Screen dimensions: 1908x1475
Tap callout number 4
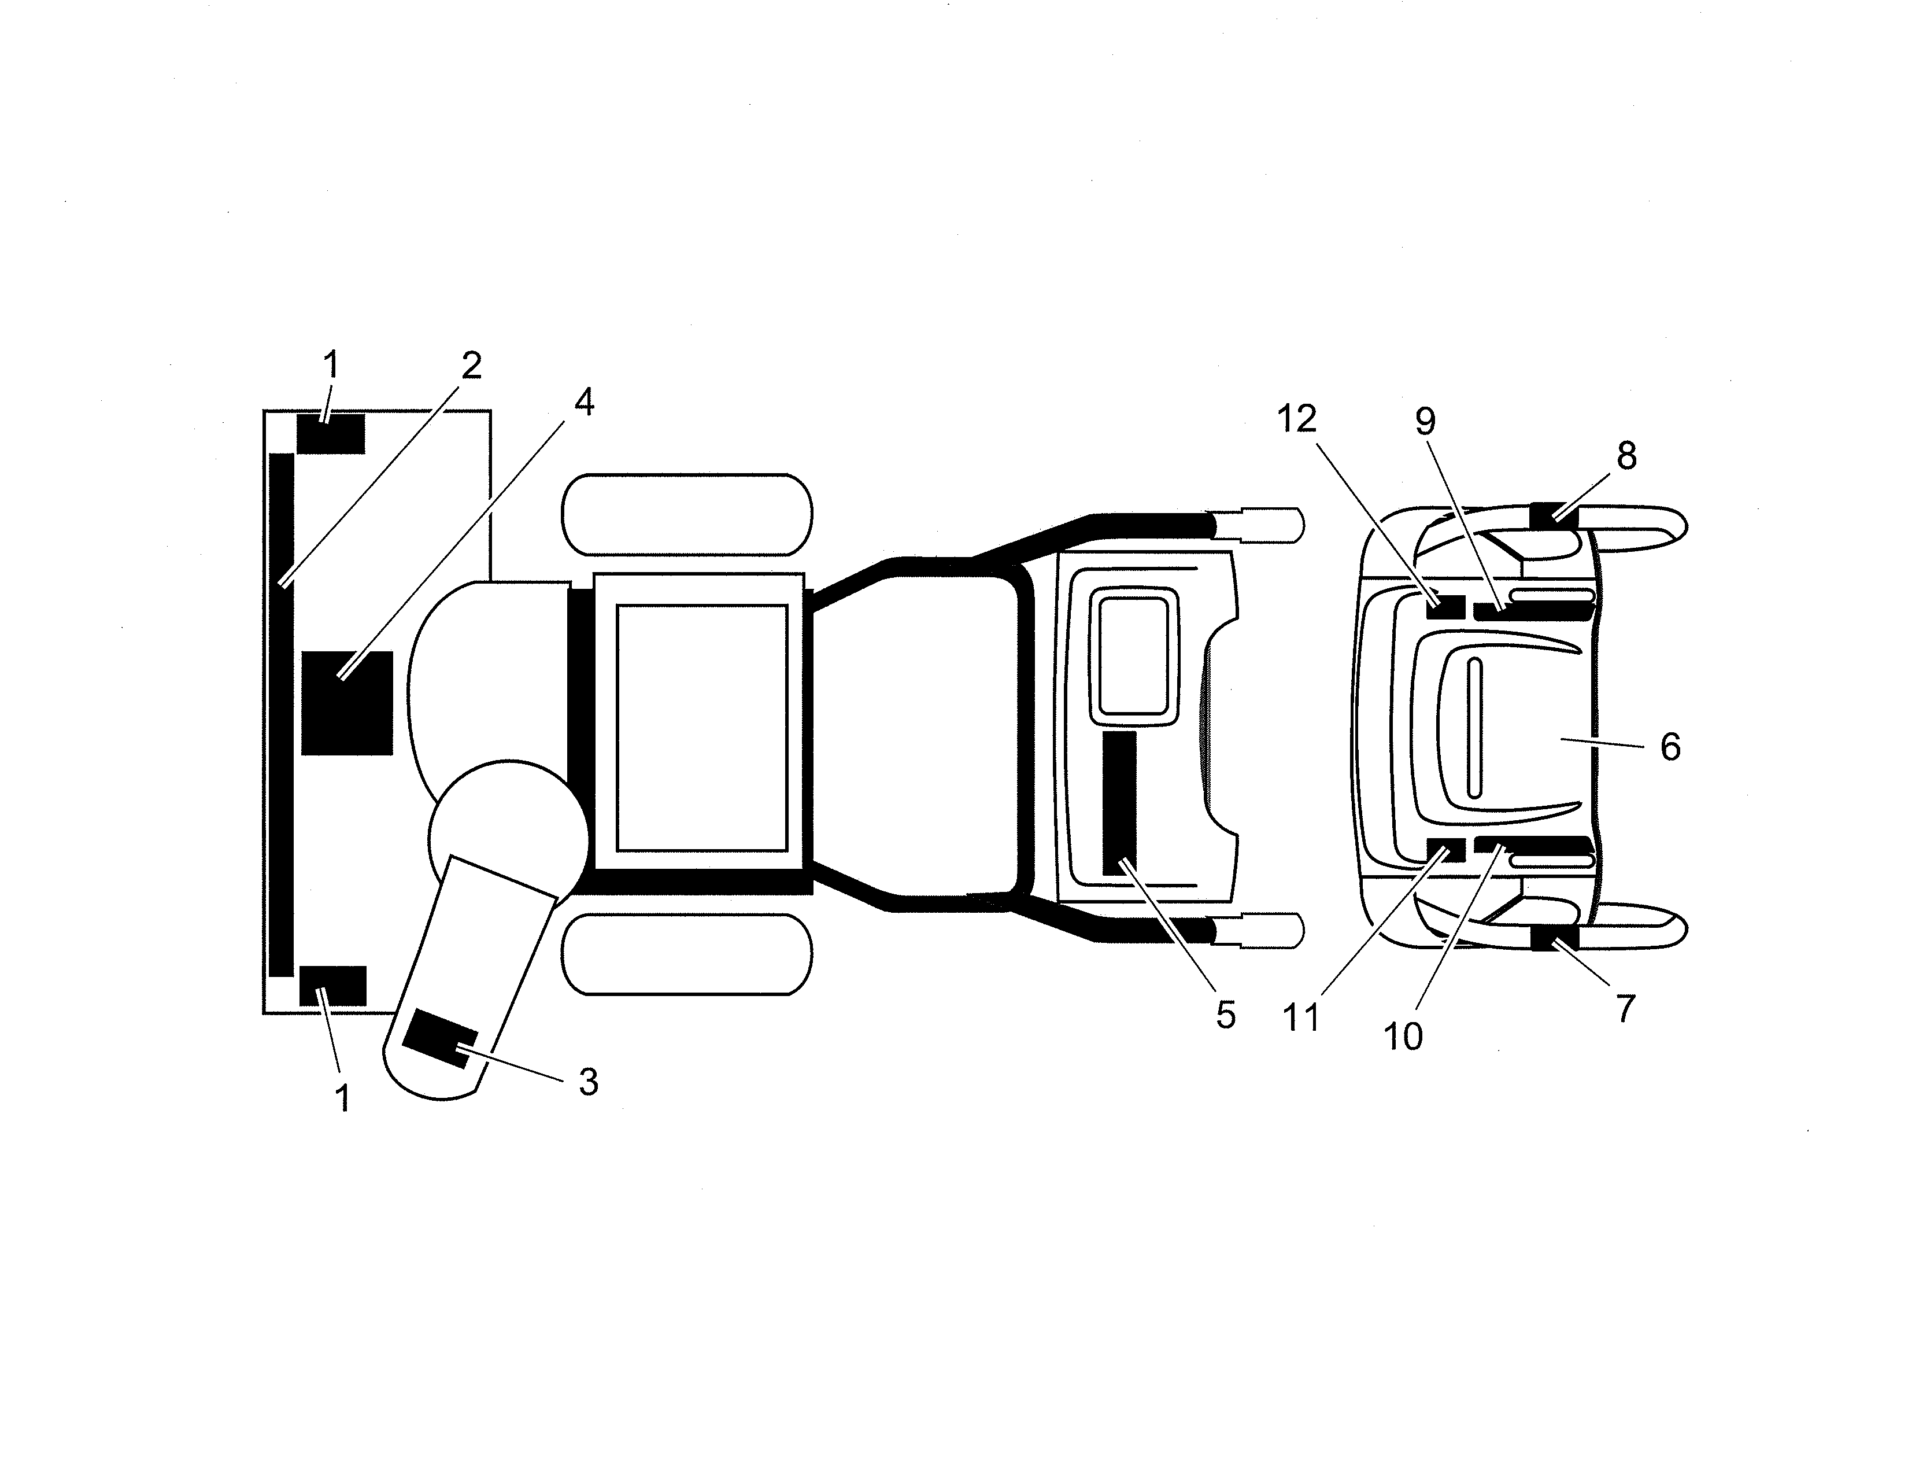tap(585, 402)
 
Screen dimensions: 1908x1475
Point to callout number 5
tap(1226, 1015)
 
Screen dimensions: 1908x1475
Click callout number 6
tap(1670, 747)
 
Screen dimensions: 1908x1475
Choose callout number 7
tap(1625, 1009)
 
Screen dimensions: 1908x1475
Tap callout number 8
tap(1626, 455)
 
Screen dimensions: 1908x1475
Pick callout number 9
tap(1425, 422)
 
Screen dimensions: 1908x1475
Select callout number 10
tap(1403, 1037)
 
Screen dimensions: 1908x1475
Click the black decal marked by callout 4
tap(347, 703)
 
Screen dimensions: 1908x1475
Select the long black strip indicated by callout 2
tap(282, 715)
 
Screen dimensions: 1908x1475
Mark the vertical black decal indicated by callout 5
tap(1119, 803)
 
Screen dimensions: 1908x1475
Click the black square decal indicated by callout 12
tap(1446, 606)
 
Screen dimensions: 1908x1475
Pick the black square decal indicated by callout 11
tap(1446, 849)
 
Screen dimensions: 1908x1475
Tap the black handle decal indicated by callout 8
tap(1554, 515)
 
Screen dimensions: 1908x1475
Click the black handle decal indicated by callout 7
tap(1554, 938)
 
